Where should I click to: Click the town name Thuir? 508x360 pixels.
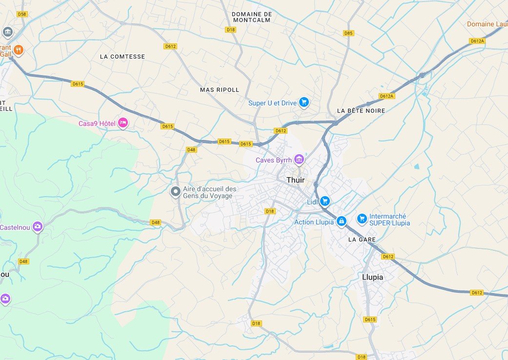[295, 180]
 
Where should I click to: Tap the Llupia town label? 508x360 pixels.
[372, 277]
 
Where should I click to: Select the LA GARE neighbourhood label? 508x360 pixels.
[362, 240]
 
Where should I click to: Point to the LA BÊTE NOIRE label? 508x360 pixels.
[361, 111]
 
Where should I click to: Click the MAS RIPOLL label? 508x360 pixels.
[220, 90]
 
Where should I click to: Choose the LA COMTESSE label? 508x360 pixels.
[122, 57]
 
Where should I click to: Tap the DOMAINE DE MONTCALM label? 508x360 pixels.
[252, 17]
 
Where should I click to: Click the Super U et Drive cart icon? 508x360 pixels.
[304, 102]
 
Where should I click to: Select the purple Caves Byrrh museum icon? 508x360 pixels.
[299, 159]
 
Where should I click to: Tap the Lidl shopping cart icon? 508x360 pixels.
[325, 201]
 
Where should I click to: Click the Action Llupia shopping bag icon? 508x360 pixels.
[341, 221]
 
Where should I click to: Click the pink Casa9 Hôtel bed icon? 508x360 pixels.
[122, 123]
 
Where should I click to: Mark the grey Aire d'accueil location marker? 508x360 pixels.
[175, 192]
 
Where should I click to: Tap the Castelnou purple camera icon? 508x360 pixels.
[38, 226]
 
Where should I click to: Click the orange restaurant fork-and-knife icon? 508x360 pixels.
[18, 50]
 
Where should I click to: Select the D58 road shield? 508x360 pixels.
[22, 14]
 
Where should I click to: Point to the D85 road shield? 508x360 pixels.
[348, 33]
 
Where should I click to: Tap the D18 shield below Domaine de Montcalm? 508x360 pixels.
[230, 30]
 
